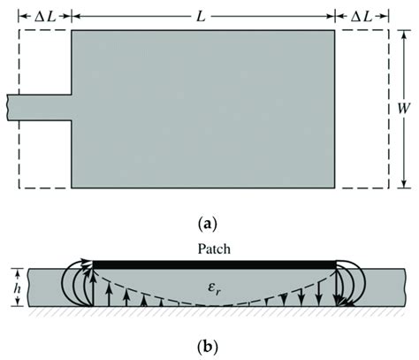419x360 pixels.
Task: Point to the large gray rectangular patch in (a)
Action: pos(202,109)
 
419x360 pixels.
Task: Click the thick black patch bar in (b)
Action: pos(215,263)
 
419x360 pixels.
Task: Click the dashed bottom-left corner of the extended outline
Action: pos(20,188)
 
